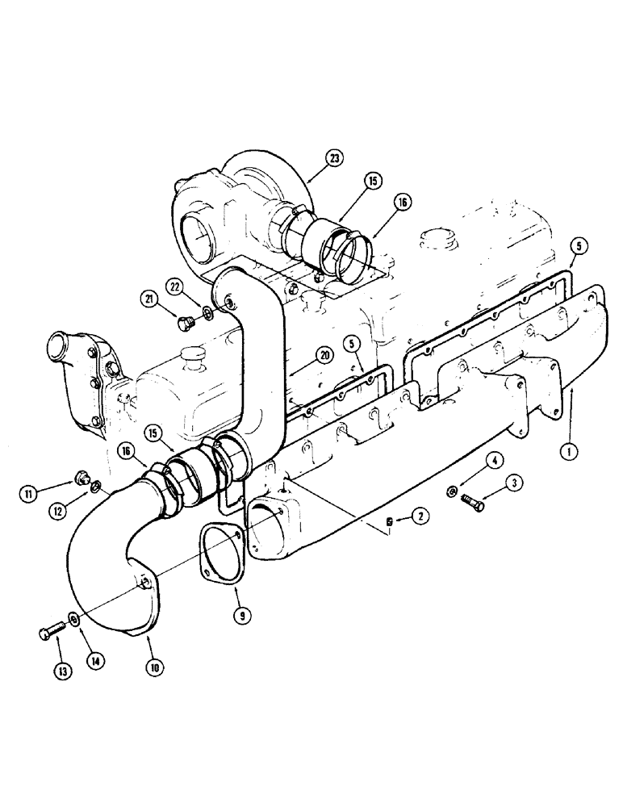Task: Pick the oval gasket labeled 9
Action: coord(215,549)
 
